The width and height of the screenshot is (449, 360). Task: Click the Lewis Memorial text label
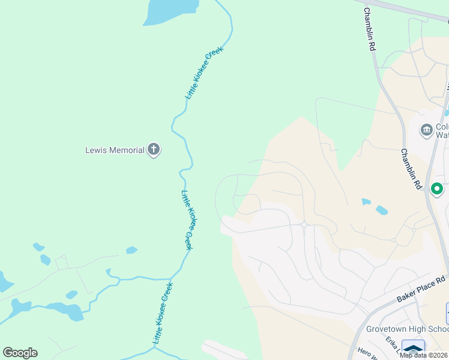tap(115, 150)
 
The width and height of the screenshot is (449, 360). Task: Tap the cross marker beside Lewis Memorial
tap(154, 149)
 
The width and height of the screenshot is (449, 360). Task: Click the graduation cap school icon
tap(413, 350)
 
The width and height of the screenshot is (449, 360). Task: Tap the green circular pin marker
tap(437, 190)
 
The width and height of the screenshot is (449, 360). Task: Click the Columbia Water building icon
tap(427, 130)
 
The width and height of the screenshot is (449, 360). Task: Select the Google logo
tap(20, 353)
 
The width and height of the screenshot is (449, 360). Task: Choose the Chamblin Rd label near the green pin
tap(409, 170)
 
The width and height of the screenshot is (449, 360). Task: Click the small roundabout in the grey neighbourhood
tap(304, 225)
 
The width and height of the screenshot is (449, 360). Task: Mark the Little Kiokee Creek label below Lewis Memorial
tap(187, 220)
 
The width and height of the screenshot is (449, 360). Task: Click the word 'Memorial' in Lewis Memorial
tap(128, 150)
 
